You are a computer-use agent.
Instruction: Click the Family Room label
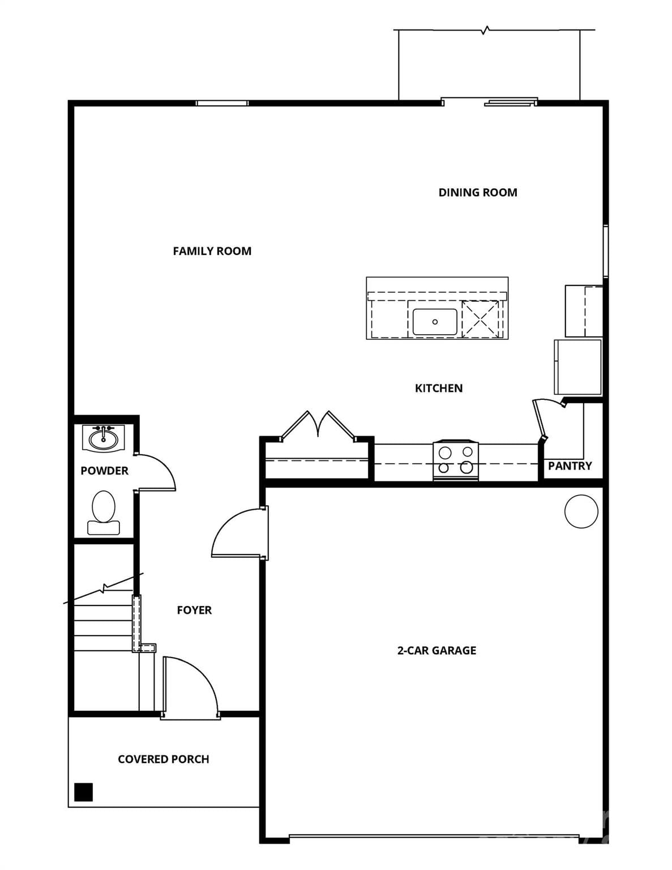point(212,251)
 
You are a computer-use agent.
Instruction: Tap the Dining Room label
point(477,193)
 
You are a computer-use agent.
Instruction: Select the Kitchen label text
point(438,388)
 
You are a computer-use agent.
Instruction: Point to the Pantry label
point(570,466)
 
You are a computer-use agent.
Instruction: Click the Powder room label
point(104,471)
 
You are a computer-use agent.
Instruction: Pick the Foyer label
point(194,610)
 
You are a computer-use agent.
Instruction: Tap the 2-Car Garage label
point(436,650)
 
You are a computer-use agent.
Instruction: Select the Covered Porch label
point(163,759)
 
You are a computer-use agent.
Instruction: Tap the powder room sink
point(103,438)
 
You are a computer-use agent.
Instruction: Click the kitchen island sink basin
point(434,322)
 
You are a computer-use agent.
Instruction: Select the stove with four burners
point(455,460)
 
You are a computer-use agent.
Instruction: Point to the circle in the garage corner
point(581,511)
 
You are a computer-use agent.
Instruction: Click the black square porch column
point(84,791)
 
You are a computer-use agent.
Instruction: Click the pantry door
point(540,419)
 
